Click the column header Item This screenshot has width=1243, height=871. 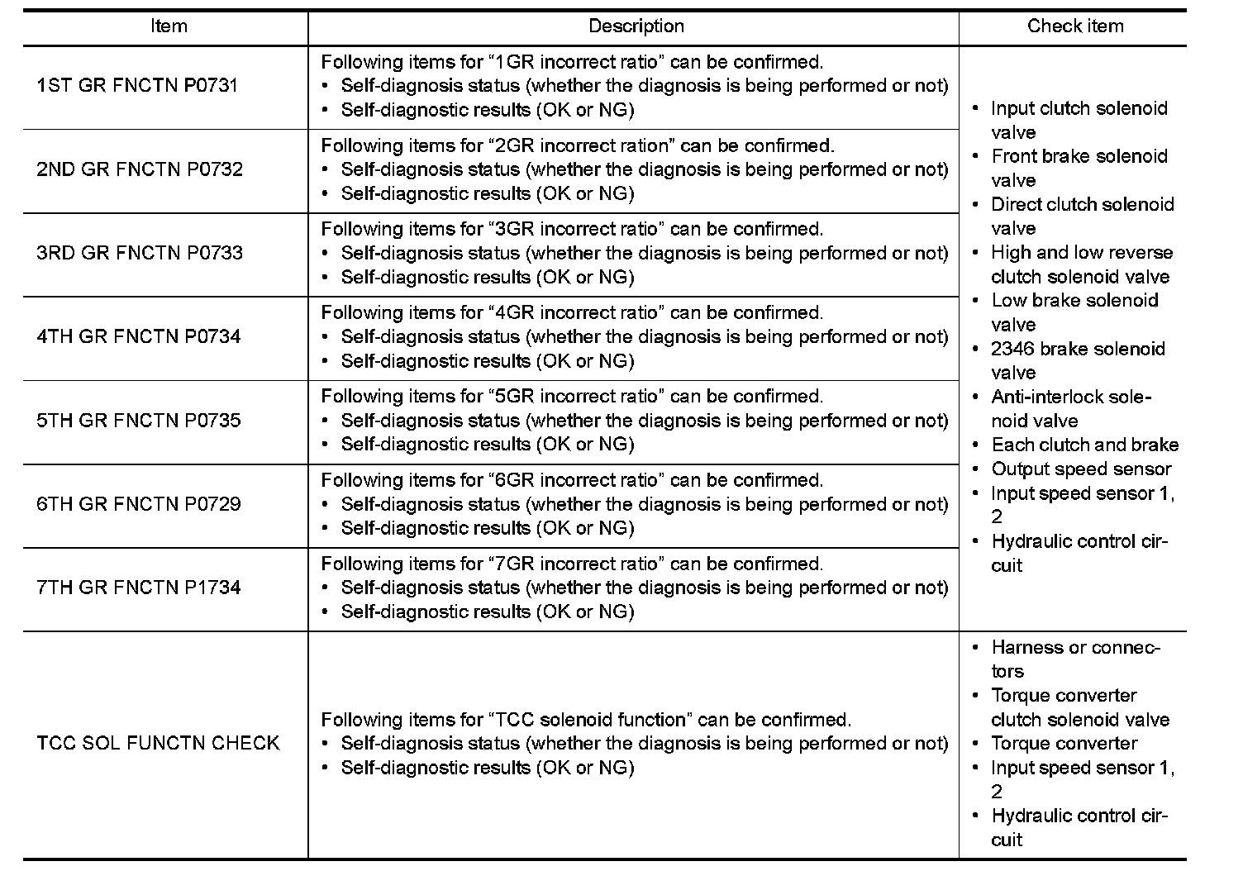(169, 26)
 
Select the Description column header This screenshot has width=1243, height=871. (636, 26)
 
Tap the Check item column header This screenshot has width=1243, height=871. (1074, 26)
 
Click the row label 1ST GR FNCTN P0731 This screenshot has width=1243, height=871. (137, 86)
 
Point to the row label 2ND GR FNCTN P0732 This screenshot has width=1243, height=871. (140, 169)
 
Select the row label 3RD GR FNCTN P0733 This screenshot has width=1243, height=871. (140, 253)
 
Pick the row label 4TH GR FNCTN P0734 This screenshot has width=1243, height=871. (139, 336)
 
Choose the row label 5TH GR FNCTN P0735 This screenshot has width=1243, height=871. (139, 420)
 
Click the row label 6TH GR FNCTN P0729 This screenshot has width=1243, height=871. (139, 504)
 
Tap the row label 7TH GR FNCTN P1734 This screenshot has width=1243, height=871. (139, 588)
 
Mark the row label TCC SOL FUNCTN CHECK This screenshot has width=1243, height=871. (158, 743)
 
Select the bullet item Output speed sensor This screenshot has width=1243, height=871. (1080, 469)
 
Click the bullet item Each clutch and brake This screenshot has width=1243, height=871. (1084, 445)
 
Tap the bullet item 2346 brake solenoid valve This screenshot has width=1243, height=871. (1077, 360)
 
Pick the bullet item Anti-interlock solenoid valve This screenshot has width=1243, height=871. (1070, 409)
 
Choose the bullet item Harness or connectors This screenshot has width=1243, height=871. (1074, 659)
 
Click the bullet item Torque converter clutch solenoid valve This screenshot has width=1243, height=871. (1079, 707)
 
